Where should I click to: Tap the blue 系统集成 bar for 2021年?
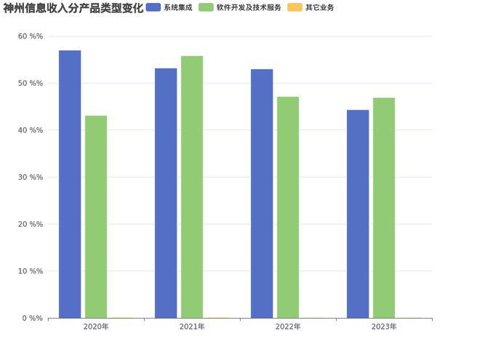(166, 193)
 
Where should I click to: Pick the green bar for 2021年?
(192, 187)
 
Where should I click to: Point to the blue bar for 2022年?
(262, 193)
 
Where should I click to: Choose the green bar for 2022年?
(288, 207)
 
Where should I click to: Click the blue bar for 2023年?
(358, 214)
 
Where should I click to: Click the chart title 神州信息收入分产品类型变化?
(73, 8)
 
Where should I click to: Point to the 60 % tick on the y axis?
(31, 36)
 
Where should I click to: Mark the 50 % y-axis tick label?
(31, 84)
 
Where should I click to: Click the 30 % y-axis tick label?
(31, 177)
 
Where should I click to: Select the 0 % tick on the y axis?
(33, 318)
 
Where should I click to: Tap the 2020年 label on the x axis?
(96, 327)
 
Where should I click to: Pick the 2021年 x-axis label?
(192, 327)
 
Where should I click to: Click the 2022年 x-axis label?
(288, 327)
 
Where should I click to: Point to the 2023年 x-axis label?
(384, 327)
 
